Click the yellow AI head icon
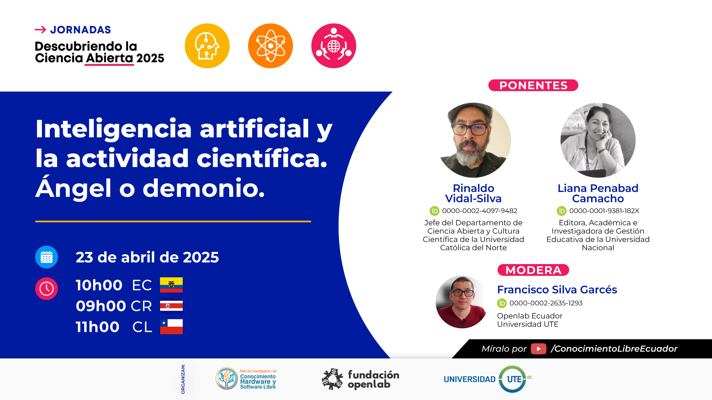point(207,46)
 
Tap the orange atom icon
point(270,46)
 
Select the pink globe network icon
point(334,46)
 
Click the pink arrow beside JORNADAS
point(40,30)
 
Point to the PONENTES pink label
point(533,85)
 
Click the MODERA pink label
point(533,270)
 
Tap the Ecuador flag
point(171,285)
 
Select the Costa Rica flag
point(171,306)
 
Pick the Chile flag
point(171,327)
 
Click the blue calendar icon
point(46,257)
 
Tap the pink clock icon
point(46,289)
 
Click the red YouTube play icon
point(538,349)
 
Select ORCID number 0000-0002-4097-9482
point(479,211)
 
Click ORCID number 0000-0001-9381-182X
point(604,211)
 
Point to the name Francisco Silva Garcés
point(557,290)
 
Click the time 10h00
point(99,285)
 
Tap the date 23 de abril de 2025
point(147,257)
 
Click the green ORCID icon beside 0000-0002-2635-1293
point(502,303)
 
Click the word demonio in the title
point(204,188)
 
